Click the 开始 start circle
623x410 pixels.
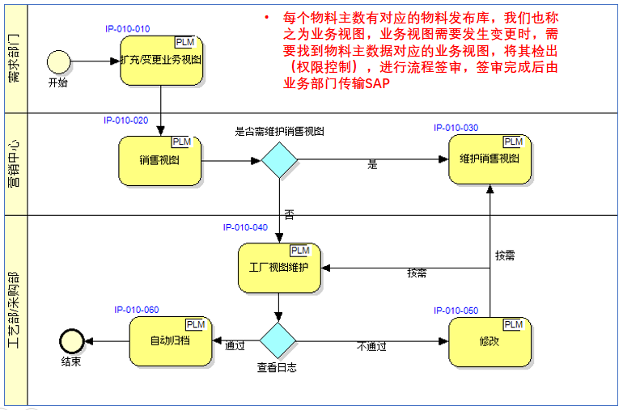(x=58, y=61)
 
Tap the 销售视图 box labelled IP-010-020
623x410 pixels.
(x=159, y=159)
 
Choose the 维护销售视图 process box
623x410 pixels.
(x=489, y=159)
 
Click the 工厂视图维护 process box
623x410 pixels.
(x=279, y=268)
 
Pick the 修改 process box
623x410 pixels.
(x=489, y=341)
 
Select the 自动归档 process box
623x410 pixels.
(x=171, y=341)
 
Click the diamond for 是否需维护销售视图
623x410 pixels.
(x=280, y=159)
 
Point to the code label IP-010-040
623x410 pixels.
(x=245, y=227)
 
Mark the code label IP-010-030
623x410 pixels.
(x=456, y=128)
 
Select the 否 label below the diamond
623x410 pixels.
(x=288, y=214)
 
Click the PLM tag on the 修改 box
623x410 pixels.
(x=513, y=324)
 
